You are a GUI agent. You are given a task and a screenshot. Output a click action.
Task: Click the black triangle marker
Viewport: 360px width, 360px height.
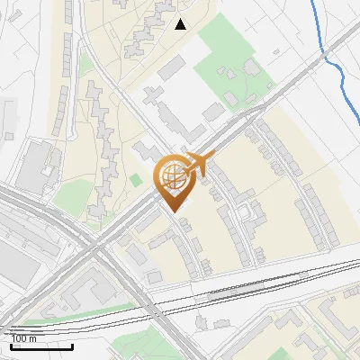coord(181,24)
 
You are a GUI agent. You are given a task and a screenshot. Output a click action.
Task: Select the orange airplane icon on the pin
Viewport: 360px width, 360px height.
coord(201,163)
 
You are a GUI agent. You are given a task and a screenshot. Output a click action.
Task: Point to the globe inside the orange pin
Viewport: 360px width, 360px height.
coord(173,174)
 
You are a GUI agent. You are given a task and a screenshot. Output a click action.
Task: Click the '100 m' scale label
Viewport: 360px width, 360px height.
coord(24,338)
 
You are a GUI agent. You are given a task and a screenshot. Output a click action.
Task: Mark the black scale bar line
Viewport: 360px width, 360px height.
coord(40,346)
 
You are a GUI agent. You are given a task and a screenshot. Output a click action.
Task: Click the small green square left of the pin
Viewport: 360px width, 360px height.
coord(136,180)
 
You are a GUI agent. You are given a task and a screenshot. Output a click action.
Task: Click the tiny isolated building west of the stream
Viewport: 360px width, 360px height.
coord(275,52)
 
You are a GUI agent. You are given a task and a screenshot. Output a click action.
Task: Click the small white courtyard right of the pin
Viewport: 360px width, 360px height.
coord(244,212)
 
